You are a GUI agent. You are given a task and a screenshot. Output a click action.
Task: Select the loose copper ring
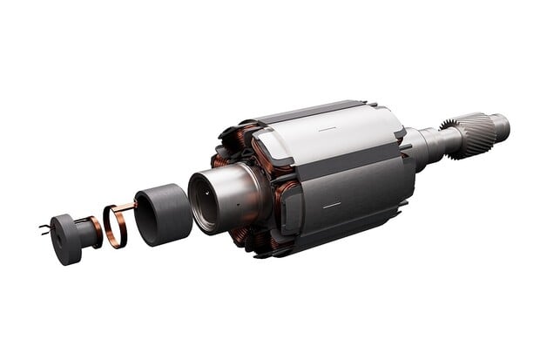pos(116,225)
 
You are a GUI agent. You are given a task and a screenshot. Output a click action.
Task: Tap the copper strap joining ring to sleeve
pos(125,207)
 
